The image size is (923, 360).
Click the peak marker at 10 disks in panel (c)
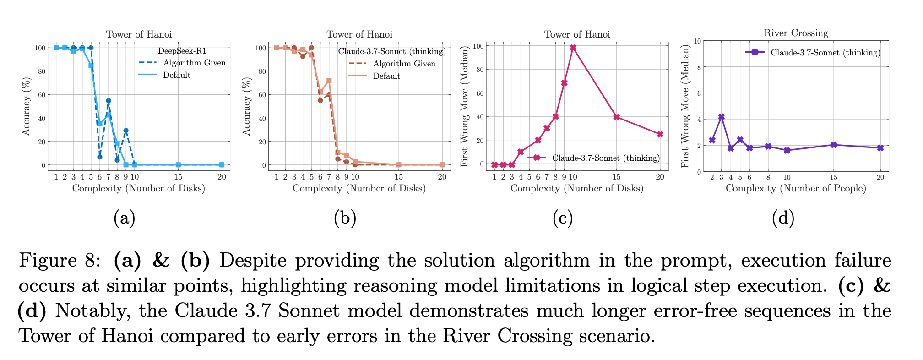(x=573, y=48)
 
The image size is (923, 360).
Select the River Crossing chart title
(x=796, y=33)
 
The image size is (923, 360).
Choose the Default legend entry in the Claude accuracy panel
(x=386, y=76)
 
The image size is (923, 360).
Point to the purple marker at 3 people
(x=721, y=117)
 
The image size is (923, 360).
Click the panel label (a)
(x=124, y=218)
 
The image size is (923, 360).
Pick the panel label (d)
(x=783, y=218)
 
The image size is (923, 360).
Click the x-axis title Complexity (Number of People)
(x=796, y=188)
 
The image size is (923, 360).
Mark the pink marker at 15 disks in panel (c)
(x=616, y=117)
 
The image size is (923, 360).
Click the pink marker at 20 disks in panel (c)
(x=660, y=134)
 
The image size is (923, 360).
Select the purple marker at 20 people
(x=880, y=148)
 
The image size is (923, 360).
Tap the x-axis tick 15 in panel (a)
(x=178, y=177)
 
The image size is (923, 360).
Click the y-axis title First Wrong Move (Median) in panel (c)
(x=465, y=106)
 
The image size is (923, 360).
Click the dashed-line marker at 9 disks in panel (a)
(x=126, y=131)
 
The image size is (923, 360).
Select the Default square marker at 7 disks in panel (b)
(x=329, y=81)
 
